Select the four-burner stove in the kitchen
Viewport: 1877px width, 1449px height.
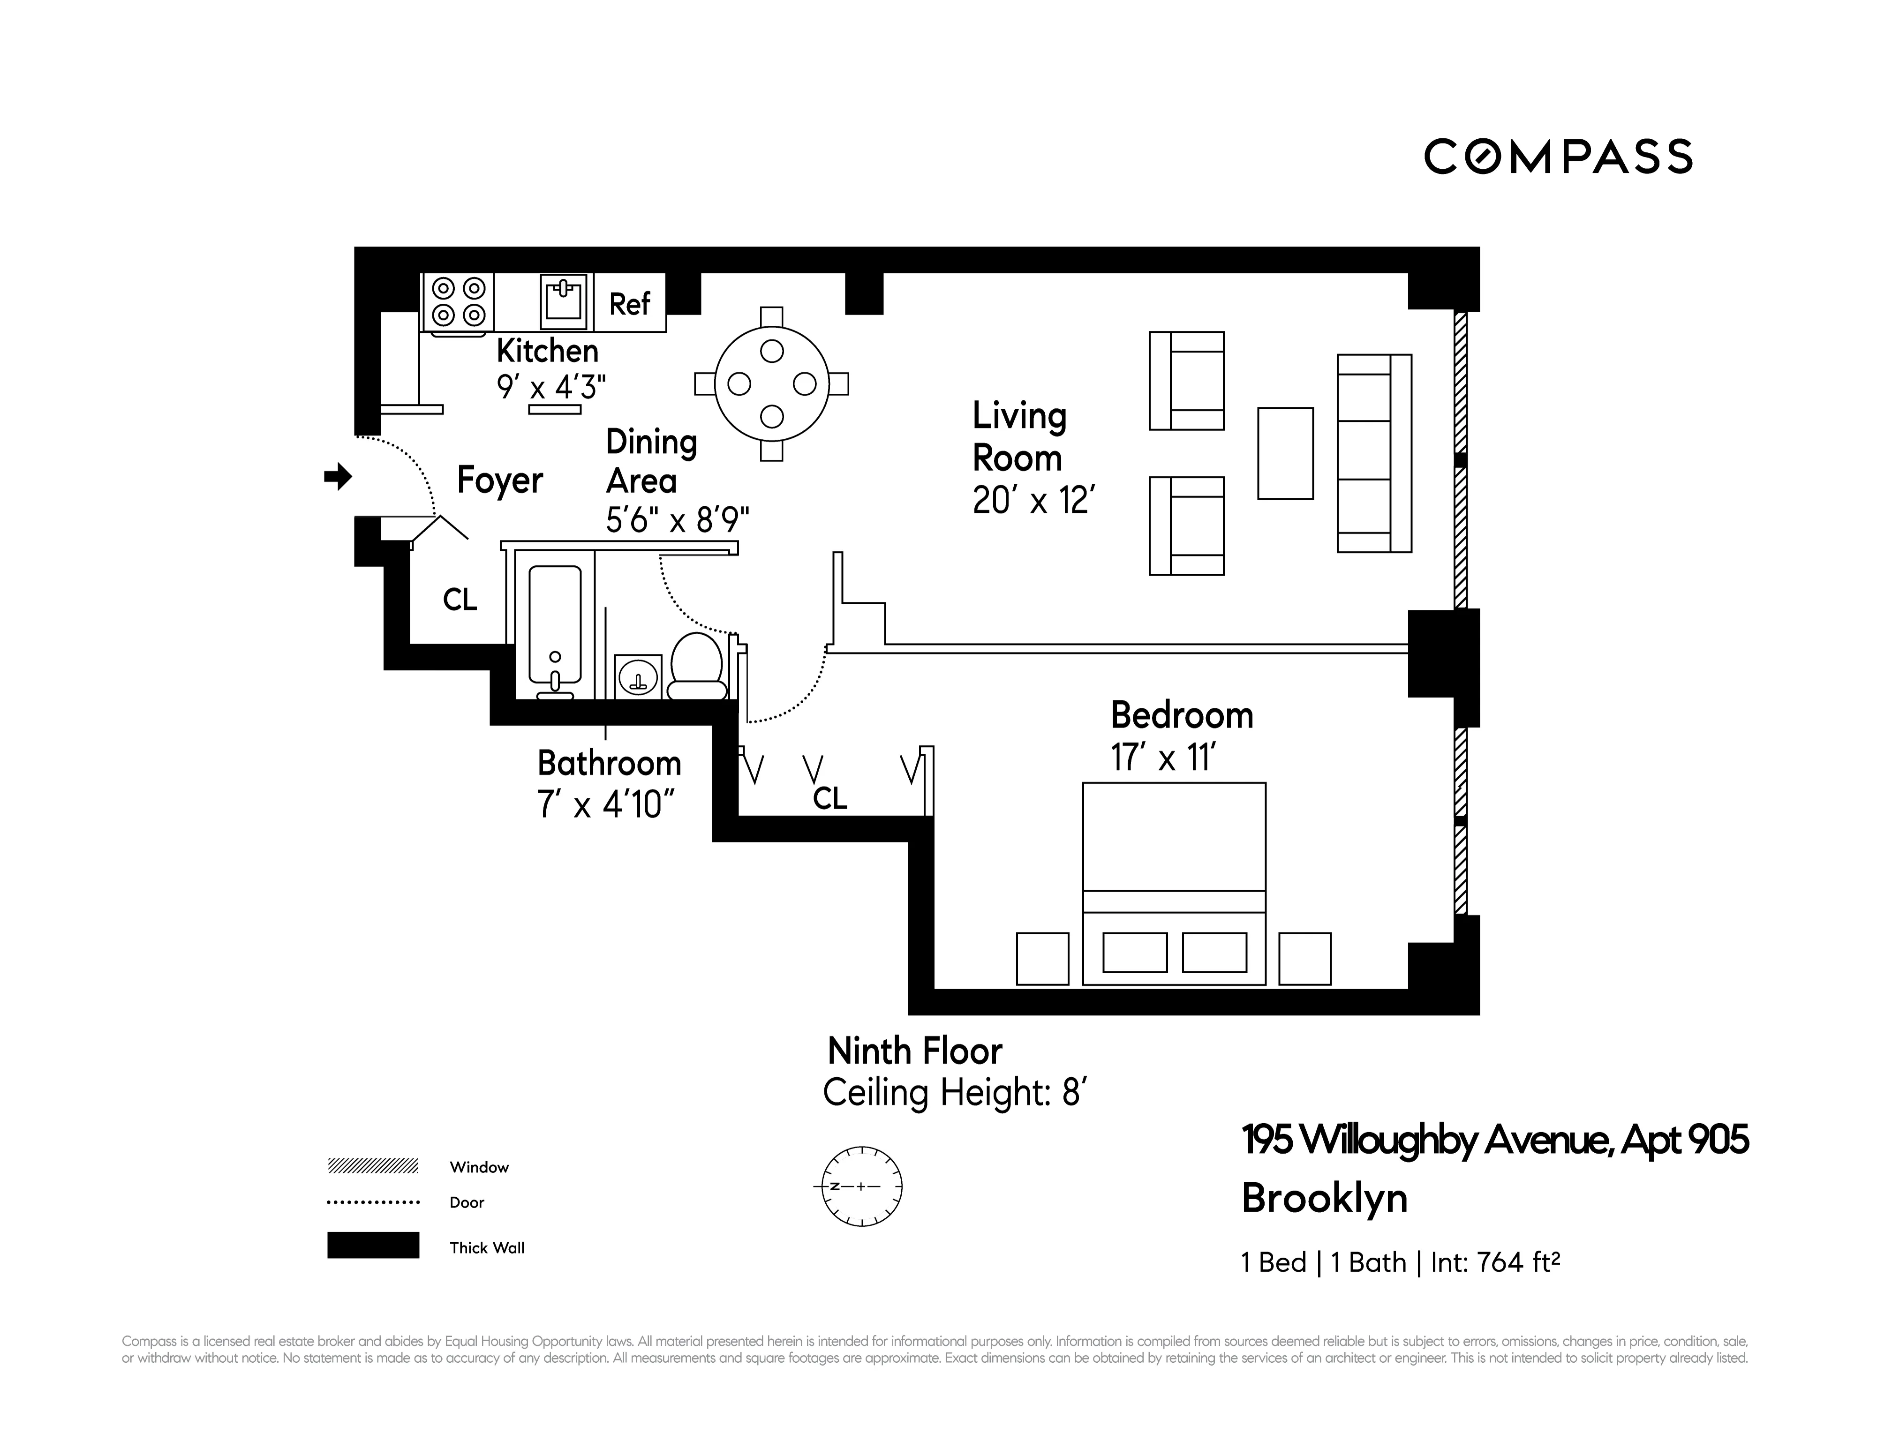(x=458, y=302)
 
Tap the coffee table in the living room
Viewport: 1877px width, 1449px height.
(x=1285, y=453)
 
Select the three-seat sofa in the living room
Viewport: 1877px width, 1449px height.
(x=1373, y=453)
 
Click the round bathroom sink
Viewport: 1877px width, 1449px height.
(x=638, y=676)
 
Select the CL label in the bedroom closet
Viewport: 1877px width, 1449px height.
(x=829, y=798)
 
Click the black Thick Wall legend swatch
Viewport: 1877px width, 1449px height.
(x=373, y=1245)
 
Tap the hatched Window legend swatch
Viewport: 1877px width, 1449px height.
(x=373, y=1166)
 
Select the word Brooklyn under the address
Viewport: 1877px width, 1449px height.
(x=1324, y=1199)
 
